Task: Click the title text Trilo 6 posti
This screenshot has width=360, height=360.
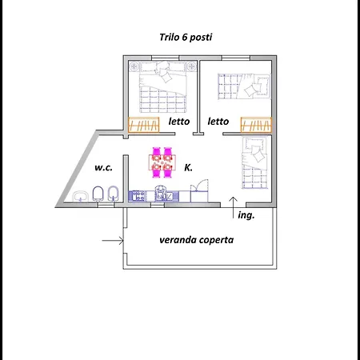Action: click(186, 38)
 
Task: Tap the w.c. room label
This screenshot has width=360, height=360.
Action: click(103, 167)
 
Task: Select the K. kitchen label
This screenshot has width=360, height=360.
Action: click(188, 167)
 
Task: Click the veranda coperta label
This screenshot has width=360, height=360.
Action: click(197, 240)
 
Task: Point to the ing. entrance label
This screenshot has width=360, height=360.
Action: click(246, 215)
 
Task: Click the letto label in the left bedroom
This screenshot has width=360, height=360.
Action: click(179, 122)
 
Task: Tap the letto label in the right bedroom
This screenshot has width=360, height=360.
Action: click(218, 122)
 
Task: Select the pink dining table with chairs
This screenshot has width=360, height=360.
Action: click(162, 162)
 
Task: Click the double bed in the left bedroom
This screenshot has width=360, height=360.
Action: click(162, 87)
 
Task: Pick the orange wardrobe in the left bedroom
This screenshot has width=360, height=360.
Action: click(144, 125)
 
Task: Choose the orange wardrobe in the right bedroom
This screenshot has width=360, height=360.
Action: click(256, 125)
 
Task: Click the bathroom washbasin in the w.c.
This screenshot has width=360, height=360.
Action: click(81, 196)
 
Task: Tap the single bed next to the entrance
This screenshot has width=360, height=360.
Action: click(254, 163)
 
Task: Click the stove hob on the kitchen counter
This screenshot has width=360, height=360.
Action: click(138, 196)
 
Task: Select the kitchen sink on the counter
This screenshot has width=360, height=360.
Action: click(163, 194)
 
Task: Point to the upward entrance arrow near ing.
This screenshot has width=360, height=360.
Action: click(234, 208)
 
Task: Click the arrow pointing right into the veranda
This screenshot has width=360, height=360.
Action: click(113, 241)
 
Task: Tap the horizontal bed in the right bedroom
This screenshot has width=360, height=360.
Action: click(244, 86)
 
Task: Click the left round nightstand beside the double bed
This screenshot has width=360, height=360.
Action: click(134, 66)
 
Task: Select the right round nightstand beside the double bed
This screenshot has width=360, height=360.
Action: click(191, 66)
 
